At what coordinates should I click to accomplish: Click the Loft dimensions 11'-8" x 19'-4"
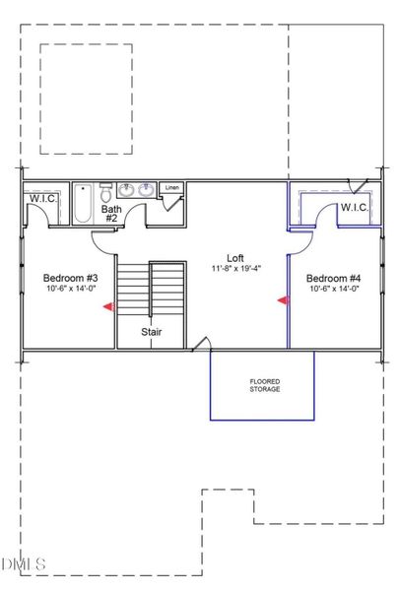233,267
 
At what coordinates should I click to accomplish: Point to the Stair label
151,332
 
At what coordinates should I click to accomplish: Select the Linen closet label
172,187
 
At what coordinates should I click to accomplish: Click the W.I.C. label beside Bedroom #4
354,208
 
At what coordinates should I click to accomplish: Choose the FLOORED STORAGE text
262,384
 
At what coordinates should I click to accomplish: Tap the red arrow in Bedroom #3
109,307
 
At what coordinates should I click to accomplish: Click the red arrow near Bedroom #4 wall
283,300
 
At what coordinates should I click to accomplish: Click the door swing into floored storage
200,344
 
